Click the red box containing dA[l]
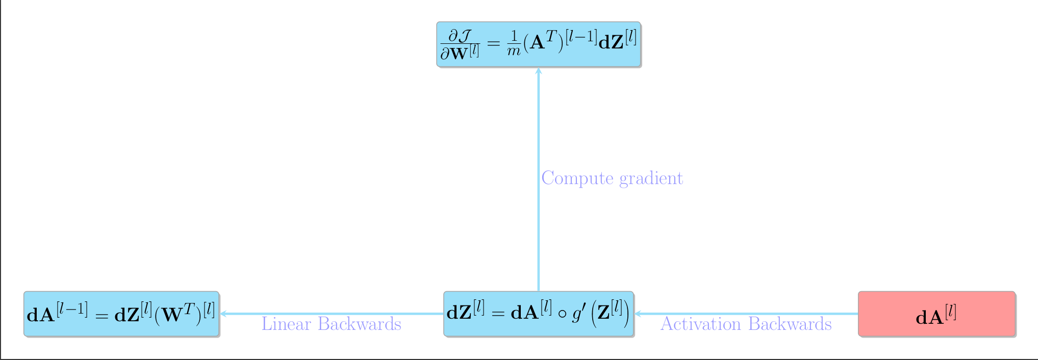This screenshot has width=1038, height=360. click(x=936, y=314)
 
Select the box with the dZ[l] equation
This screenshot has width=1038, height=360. click(x=538, y=314)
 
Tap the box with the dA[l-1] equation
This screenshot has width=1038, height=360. click(x=121, y=314)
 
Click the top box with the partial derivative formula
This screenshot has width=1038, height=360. click(x=538, y=44)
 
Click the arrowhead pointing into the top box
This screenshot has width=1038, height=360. click(x=538, y=71)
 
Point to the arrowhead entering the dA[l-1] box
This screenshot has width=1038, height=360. click(x=223, y=314)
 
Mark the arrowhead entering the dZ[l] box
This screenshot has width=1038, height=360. click(x=638, y=314)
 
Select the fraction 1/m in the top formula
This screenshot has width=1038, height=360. click(x=513, y=43)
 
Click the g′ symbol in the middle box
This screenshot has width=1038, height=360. click(x=578, y=314)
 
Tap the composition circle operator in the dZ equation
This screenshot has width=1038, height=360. click(x=562, y=314)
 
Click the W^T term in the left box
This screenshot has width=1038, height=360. click(x=176, y=314)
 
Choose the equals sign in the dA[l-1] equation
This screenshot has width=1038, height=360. click(x=101, y=316)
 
